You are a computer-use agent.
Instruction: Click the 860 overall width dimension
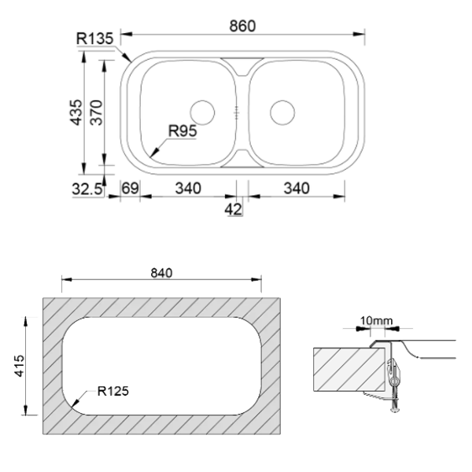pyautogui.click(x=242, y=26)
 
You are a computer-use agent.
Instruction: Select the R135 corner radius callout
pyautogui.click(x=95, y=39)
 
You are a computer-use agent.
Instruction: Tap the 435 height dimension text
pyautogui.click(x=76, y=112)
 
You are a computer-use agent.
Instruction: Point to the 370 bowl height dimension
pyautogui.click(x=97, y=112)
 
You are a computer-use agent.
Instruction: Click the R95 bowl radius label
pyautogui.click(x=183, y=131)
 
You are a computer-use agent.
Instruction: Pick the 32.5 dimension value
pyautogui.click(x=87, y=190)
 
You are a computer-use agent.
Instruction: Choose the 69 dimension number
pyautogui.click(x=130, y=189)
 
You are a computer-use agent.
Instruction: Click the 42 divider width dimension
pyautogui.click(x=234, y=209)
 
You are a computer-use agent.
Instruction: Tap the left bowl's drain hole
pyautogui.click(x=203, y=112)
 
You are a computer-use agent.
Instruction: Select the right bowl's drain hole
pyautogui.click(x=282, y=112)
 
